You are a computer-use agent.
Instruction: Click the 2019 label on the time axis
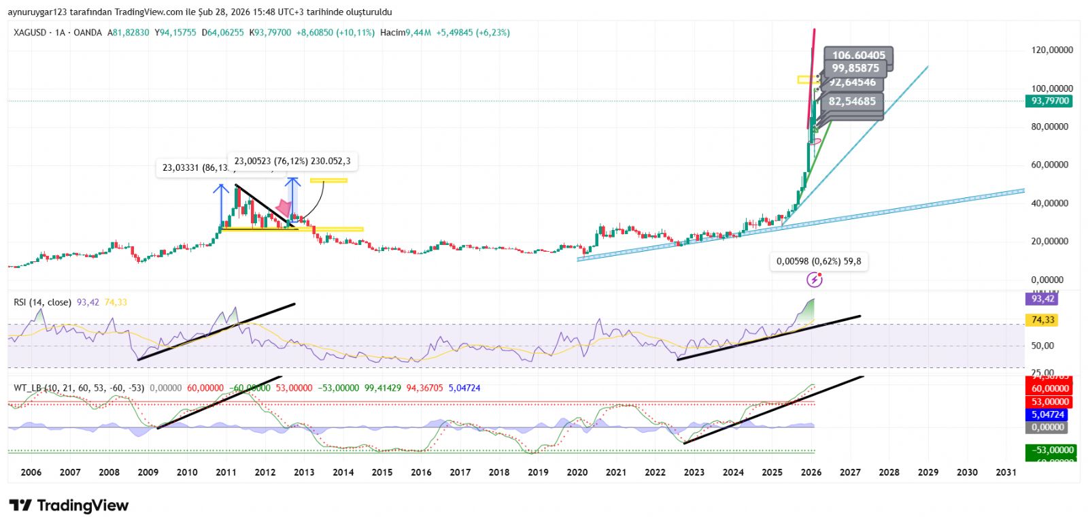click(538, 472)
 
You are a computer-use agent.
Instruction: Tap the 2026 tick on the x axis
click(811, 472)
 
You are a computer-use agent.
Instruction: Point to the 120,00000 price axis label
click(1052, 50)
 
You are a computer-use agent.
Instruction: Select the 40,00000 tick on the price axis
click(1052, 203)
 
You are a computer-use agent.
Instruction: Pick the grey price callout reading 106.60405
click(858, 55)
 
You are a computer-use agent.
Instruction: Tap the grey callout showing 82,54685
click(852, 101)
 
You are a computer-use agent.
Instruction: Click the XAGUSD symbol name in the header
click(30, 32)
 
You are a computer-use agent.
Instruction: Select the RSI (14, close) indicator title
click(42, 302)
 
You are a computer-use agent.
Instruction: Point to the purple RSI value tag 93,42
click(1042, 299)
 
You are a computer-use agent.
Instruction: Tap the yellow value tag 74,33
click(1042, 320)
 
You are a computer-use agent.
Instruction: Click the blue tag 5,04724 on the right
click(1048, 414)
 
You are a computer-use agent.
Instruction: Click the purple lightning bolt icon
click(814, 280)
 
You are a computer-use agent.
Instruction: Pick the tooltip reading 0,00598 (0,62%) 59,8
click(819, 261)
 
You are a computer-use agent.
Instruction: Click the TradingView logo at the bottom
click(69, 506)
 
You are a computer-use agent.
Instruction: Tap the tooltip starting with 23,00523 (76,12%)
click(292, 161)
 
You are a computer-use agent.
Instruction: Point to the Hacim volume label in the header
click(392, 32)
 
